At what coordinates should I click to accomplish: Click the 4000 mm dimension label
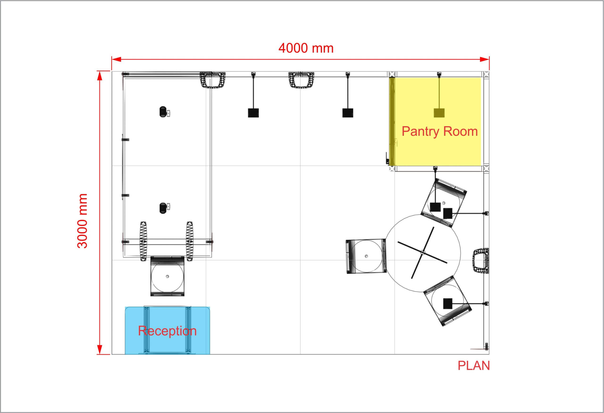click(306, 48)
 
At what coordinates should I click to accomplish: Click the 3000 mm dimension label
click(83, 221)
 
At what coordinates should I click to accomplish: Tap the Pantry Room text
click(440, 131)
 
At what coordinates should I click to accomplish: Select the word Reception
click(167, 331)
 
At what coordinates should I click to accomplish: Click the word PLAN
click(474, 366)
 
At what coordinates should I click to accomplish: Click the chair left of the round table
click(366, 256)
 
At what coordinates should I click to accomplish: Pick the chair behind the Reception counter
click(167, 276)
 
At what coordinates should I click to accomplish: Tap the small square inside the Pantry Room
click(439, 113)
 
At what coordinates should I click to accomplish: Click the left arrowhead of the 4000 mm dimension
click(116, 59)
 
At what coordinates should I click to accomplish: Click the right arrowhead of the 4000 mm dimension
click(485, 59)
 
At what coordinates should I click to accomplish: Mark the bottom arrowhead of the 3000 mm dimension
click(100, 350)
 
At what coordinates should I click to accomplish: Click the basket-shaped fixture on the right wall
click(481, 261)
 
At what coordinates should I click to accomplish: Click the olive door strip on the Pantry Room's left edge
click(392, 121)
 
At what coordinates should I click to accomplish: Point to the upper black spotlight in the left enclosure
click(163, 112)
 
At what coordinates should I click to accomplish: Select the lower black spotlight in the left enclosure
click(163, 208)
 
